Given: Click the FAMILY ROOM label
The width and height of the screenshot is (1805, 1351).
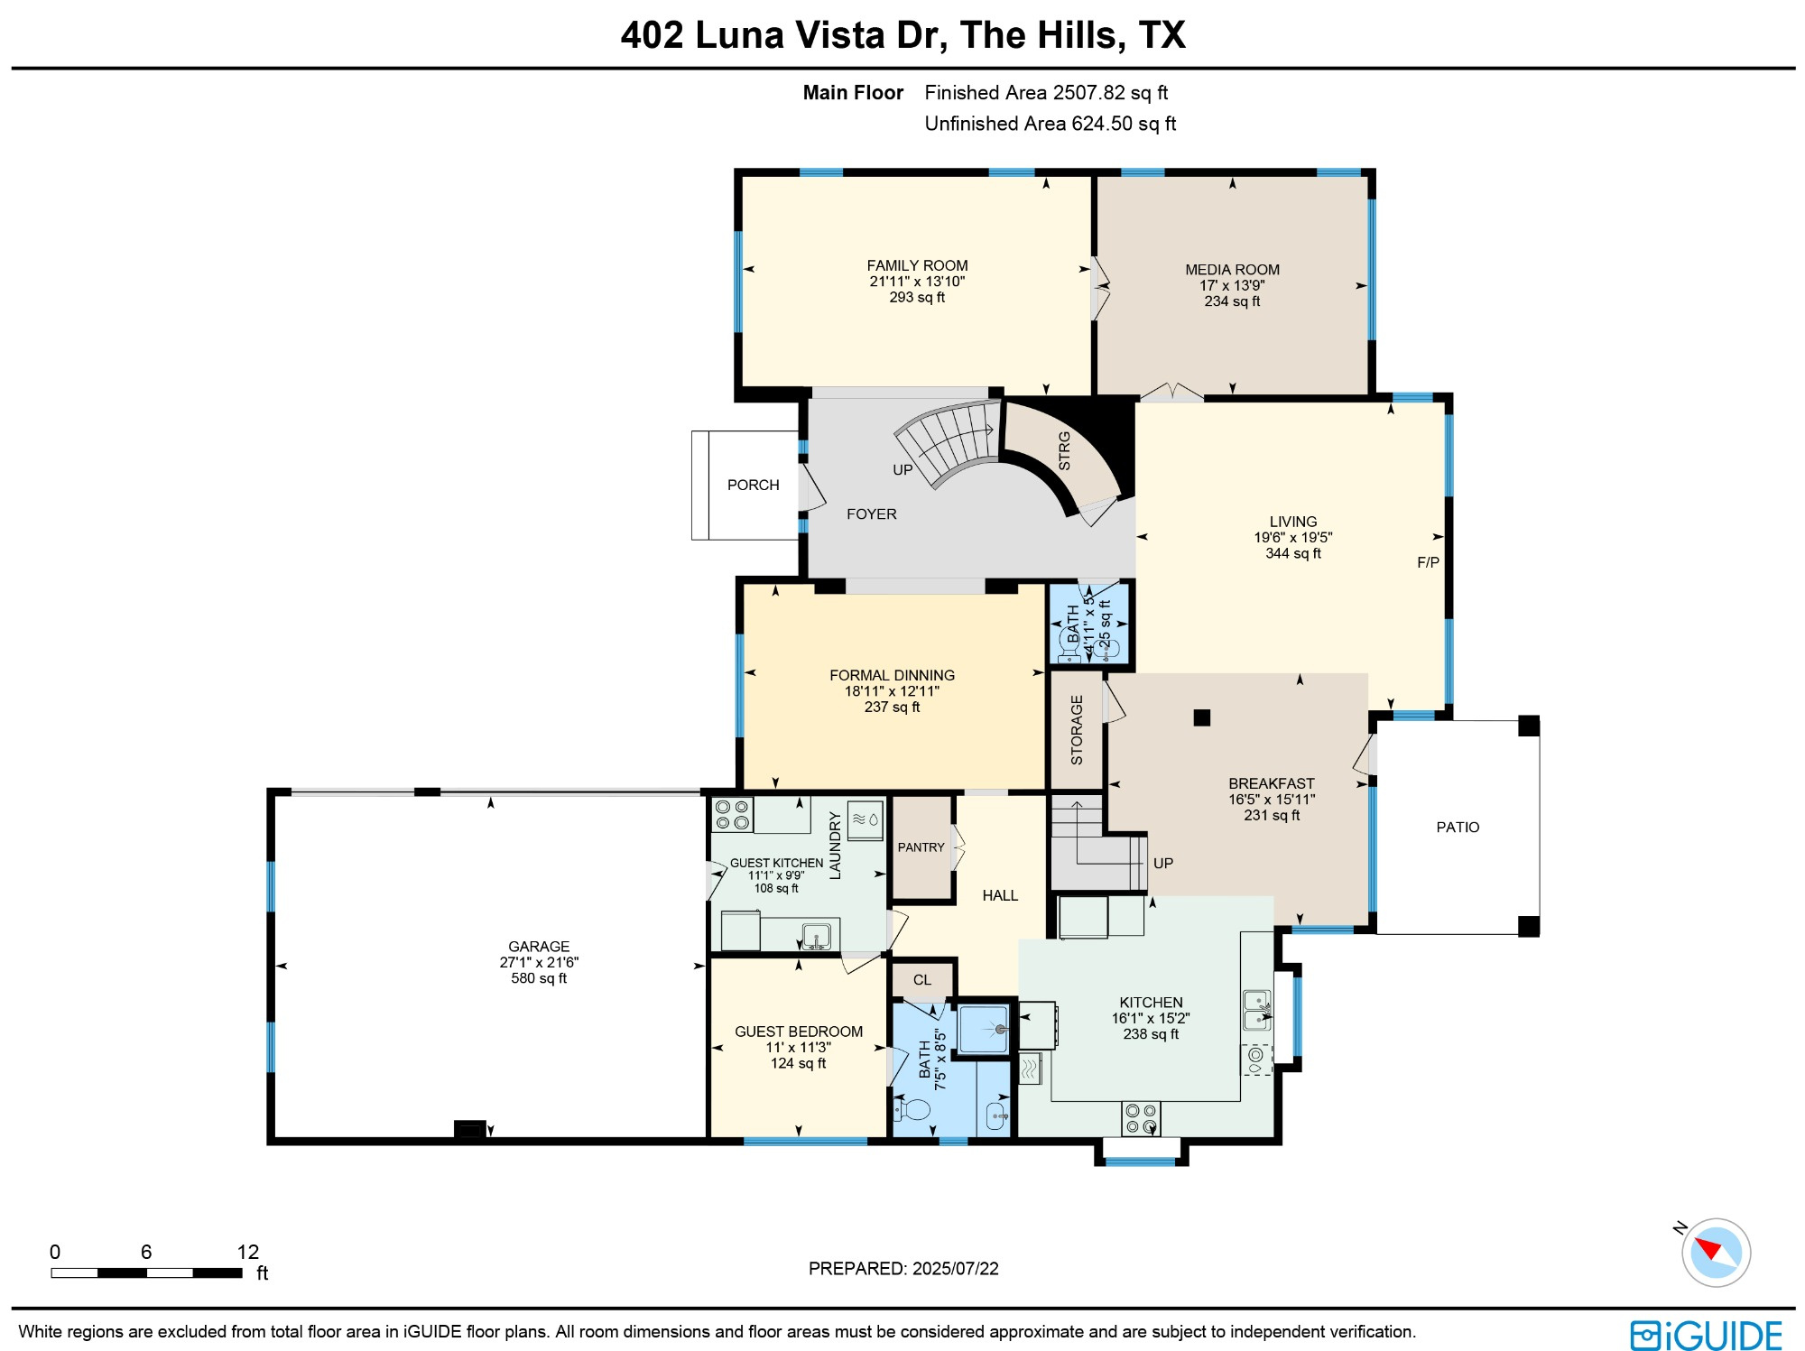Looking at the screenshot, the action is point(917,265).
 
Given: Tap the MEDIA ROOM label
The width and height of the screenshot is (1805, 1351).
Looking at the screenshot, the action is point(1232,270).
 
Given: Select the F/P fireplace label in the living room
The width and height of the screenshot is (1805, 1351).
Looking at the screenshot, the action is point(1428,562).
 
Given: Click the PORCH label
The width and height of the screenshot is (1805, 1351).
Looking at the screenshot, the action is point(753,485).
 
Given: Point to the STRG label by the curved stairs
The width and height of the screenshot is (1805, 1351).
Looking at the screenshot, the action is point(1064,450).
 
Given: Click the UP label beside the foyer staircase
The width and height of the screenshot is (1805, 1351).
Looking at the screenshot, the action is point(902,469).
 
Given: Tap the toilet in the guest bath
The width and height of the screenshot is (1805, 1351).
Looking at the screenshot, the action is point(912,1107).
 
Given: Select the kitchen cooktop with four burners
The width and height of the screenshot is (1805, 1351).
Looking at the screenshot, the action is point(1141,1119).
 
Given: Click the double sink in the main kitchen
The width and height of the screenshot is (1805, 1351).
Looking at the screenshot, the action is point(1257,1010).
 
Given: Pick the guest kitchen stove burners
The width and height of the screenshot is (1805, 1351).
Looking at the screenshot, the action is point(732,815).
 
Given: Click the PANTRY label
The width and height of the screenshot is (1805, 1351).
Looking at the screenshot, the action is point(921,847).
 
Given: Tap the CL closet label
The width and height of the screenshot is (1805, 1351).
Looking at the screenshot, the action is point(921,979).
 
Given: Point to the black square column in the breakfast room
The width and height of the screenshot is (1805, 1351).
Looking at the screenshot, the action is point(1201,717).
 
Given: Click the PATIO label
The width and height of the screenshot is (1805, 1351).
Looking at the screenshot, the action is point(1458,827).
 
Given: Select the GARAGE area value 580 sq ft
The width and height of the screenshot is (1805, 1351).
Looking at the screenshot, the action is point(539,978).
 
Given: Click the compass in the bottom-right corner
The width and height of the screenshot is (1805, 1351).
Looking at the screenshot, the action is point(1716,1252).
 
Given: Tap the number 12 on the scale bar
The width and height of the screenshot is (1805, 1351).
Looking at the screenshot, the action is point(248,1252).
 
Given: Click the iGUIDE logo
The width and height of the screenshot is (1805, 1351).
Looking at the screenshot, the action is point(1706,1335).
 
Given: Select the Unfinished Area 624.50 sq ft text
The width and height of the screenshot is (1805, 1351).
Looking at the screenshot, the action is point(1050,124).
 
